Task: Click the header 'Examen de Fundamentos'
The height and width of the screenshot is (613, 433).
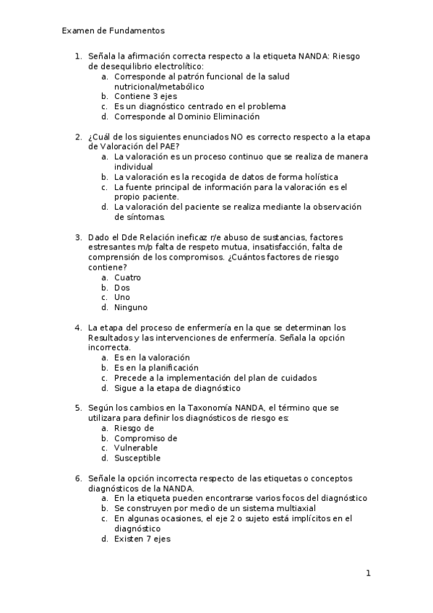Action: pos(113,31)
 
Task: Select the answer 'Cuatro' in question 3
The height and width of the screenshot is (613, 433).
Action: pos(127,278)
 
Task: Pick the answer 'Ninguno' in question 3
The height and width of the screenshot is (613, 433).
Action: pos(131,307)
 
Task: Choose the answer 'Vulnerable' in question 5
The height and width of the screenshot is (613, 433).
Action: pos(136,447)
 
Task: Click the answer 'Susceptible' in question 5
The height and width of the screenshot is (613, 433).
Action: pos(137,458)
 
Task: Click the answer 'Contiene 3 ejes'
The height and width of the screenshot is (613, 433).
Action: pos(145,96)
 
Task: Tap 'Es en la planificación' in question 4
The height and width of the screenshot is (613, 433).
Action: pos(156,367)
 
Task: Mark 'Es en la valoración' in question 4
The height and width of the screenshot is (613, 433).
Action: pos(152,357)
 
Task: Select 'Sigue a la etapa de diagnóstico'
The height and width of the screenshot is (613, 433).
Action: pos(177,387)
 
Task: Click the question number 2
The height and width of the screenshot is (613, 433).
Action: pos(78,137)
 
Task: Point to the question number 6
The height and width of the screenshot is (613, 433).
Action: pos(78,478)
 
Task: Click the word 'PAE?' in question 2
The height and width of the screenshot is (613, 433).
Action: pos(167,147)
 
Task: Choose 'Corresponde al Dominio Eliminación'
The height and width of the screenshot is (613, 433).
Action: pos(187,116)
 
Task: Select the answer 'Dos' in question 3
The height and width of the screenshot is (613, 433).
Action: pos(122,288)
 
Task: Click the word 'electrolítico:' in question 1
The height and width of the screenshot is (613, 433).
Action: pos(162,66)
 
